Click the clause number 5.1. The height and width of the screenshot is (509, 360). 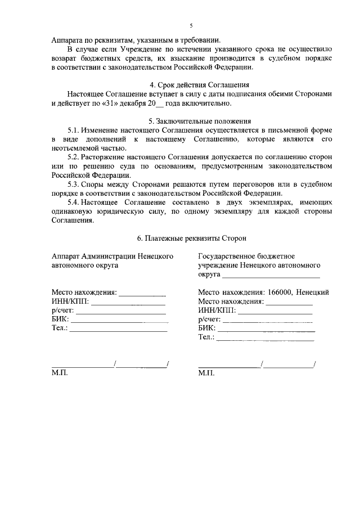[74, 130]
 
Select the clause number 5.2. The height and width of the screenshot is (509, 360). [74, 157]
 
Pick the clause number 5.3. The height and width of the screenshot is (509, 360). [74, 184]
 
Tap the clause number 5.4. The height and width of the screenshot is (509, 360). [74, 202]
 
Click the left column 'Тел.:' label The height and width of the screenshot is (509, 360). [59, 328]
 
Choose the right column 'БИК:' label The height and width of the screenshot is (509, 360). [207, 328]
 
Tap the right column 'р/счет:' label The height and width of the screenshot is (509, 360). [210, 319]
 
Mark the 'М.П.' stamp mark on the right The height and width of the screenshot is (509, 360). [206, 373]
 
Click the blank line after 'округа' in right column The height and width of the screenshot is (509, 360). [271, 276]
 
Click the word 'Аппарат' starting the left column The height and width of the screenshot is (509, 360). [65, 256]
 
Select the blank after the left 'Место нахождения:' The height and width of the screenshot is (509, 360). [142, 293]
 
